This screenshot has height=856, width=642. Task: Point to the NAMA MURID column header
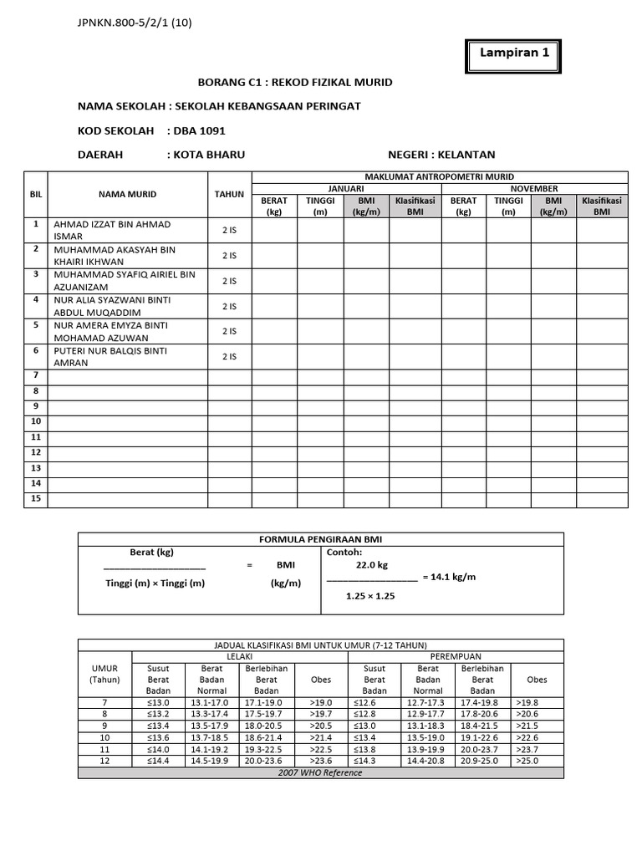(127, 194)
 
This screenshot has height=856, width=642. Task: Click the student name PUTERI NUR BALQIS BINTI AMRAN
(110, 357)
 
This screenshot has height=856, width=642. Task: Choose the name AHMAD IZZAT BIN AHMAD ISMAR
(112, 230)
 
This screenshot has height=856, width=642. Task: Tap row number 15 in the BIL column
(36, 499)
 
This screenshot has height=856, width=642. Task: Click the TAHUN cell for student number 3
(229, 281)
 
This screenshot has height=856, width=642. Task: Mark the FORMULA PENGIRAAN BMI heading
(320, 538)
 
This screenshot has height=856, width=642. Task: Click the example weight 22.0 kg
(372, 565)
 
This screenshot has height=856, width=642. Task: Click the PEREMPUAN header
(455, 657)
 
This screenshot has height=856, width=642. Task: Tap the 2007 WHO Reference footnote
(320, 773)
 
